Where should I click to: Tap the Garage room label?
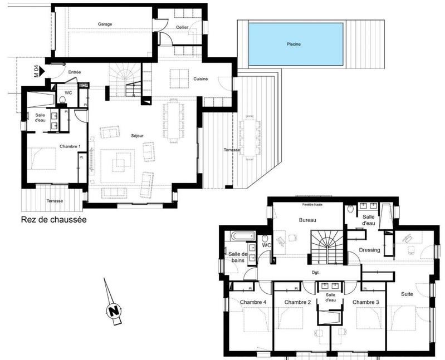click(105, 24)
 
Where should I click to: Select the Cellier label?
click(182, 27)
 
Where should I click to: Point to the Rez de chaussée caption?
click(53, 220)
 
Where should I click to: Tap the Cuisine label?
click(201, 79)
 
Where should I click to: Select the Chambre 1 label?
click(55, 146)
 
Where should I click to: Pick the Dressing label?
click(369, 250)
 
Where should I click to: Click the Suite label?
click(407, 293)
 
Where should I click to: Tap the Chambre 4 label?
click(253, 302)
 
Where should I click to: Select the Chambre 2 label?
click(297, 302)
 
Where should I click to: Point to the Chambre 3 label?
click(365, 302)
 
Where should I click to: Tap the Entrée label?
click(75, 72)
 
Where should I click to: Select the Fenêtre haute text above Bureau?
click(309, 205)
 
